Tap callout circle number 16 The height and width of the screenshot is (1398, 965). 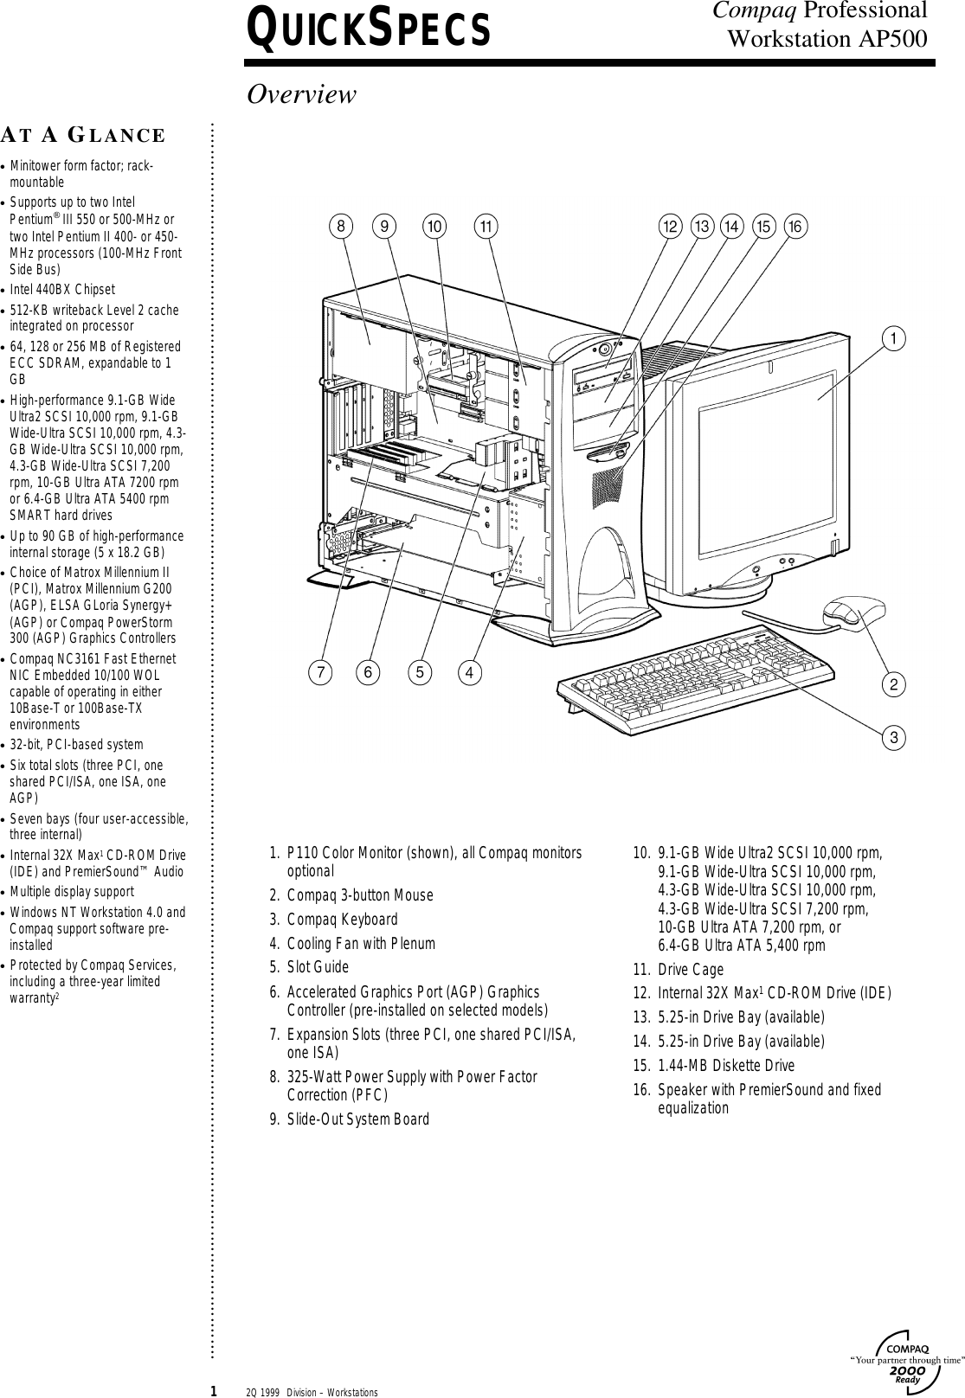pyautogui.click(x=795, y=226)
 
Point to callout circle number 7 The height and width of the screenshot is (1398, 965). pyautogui.click(x=320, y=671)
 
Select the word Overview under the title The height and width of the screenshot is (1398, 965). pyautogui.click(x=301, y=94)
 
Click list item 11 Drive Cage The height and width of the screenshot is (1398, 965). pyautogui.click(x=690, y=970)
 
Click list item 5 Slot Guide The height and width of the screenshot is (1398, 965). pyautogui.click(x=318, y=967)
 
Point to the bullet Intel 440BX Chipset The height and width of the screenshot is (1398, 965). pyautogui.click(x=62, y=289)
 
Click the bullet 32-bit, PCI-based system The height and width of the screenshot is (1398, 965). pyautogui.click(x=76, y=744)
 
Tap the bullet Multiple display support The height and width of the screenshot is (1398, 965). pyautogui.click(x=72, y=891)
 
